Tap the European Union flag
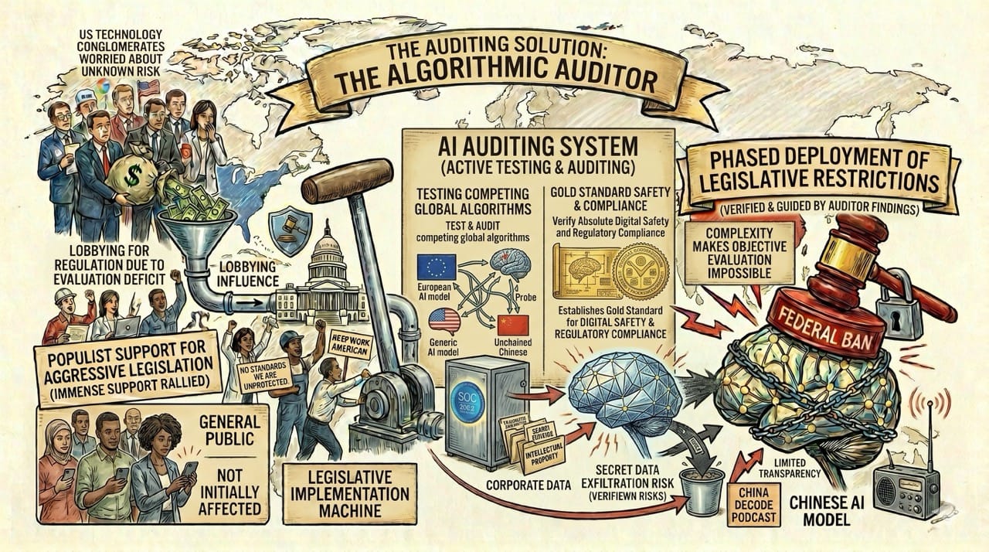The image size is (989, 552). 436,267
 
